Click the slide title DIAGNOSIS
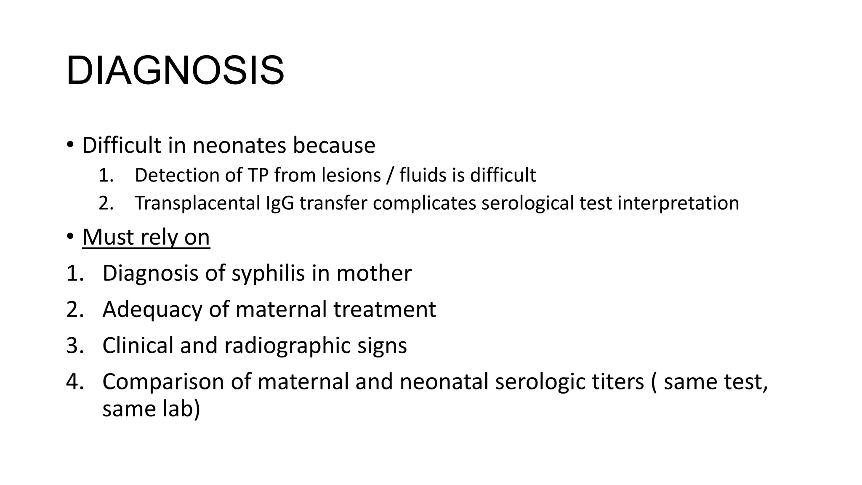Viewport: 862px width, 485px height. coord(175,70)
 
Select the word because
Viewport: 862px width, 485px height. coord(334,146)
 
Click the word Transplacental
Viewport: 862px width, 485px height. coord(197,203)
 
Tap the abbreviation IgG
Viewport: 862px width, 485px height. coord(280,203)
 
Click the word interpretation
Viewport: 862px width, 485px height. coord(678,203)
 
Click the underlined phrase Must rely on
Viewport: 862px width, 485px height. coord(146,237)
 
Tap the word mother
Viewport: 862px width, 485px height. coord(374,274)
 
